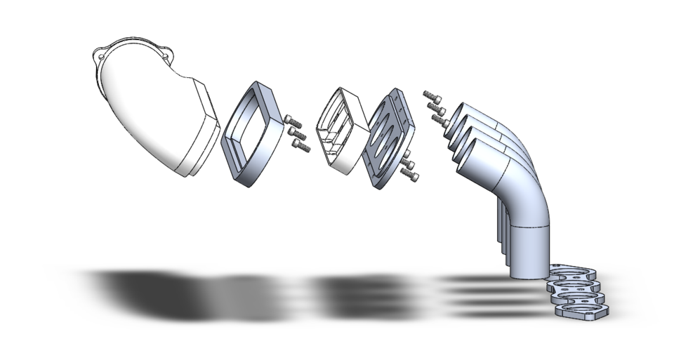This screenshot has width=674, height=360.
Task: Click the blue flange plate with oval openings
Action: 387,140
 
